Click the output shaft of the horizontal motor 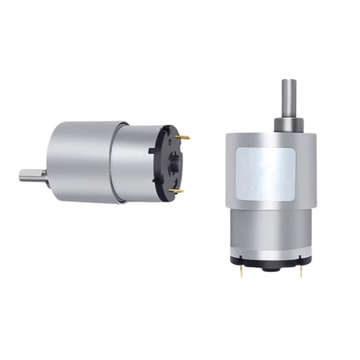32,176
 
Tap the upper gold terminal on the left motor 182,137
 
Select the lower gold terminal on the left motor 177,191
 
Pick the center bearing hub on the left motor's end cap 173,162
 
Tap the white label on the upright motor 266,174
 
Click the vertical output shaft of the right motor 288,98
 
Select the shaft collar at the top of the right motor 288,125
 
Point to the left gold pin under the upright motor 241,271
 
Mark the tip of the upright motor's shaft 288,82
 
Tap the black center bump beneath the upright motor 271,267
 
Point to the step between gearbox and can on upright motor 270,209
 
